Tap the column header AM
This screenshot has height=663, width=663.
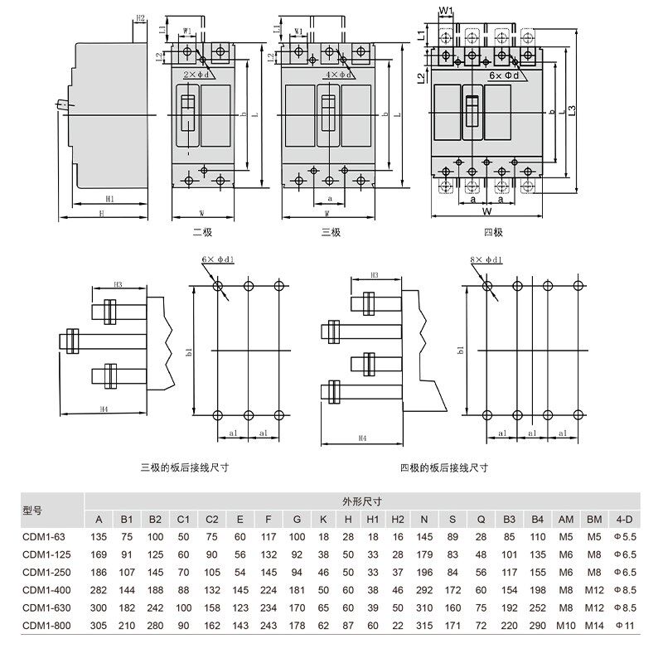pos(565,520)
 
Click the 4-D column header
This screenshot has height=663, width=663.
pos(623,520)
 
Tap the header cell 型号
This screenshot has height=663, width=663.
pos(31,511)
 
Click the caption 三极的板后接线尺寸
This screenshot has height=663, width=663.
pos(184,467)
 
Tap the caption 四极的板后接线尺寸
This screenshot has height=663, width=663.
pos(443,467)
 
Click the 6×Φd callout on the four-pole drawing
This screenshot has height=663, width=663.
pos(505,75)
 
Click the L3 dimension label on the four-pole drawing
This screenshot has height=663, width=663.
pos(572,109)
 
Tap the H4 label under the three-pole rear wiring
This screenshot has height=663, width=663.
pos(104,409)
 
